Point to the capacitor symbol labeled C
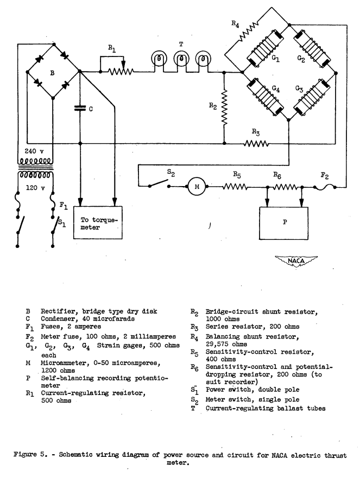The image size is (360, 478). pos(80,109)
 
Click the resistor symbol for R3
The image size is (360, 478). pos(257,144)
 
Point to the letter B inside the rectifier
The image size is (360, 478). pos(52,77)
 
